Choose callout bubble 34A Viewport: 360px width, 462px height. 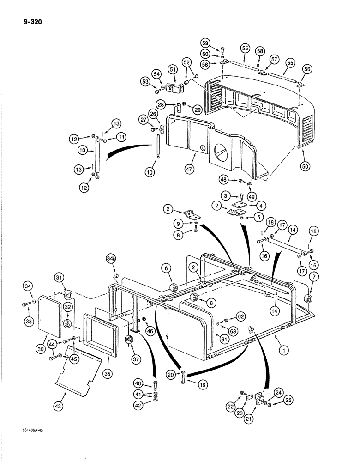(x=111, y=257)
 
